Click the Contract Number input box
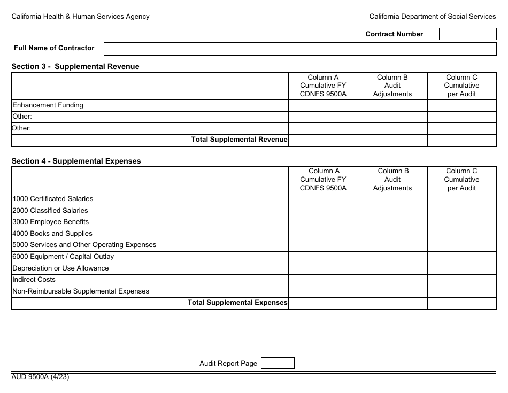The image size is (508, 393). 467,34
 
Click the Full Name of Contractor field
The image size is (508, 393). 299,49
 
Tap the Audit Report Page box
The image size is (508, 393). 277,363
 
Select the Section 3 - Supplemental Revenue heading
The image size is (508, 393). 75,67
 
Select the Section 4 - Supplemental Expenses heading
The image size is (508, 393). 76,161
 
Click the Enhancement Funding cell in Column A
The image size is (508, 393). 323,105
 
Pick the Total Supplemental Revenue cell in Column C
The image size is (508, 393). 461,140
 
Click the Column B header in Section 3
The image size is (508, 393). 392,86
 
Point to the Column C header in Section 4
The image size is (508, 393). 461,180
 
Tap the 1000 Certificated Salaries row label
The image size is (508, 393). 53,199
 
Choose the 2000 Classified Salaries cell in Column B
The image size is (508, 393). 392,211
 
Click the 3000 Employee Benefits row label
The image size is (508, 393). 51,222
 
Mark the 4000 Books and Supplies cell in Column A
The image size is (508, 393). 323,234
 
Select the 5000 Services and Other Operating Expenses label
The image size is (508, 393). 84,245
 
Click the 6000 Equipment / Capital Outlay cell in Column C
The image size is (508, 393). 461,257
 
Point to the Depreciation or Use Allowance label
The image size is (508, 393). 60,268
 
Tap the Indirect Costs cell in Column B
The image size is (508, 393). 392,280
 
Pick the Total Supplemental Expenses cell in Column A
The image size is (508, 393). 323,303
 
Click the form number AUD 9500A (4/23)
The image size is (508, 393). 40,377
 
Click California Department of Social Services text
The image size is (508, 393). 432,17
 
